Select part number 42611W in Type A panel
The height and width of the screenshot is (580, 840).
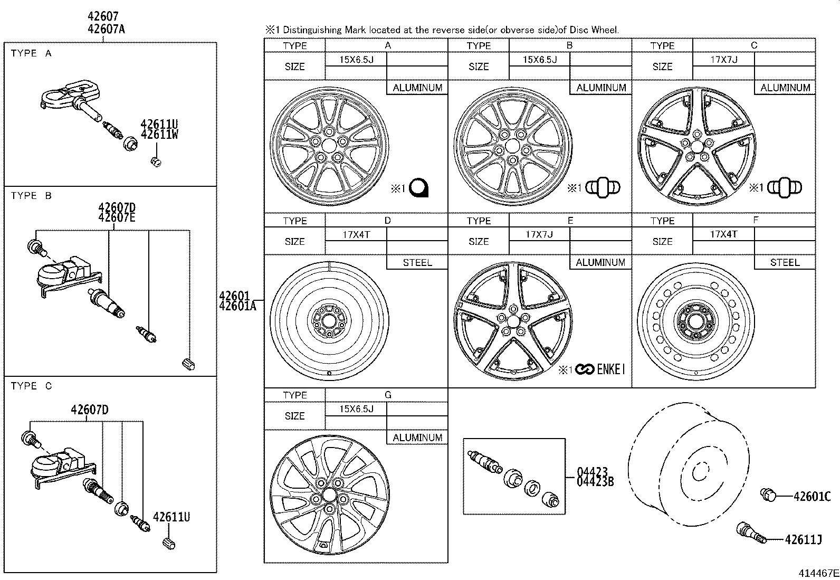pos(159,134)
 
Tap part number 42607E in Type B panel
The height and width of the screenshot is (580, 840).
pos(117,217)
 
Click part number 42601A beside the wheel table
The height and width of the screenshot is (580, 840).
pos(237,306)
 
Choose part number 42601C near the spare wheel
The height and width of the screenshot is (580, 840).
pos(812,496)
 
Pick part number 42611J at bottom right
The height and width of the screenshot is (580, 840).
pos(803,539)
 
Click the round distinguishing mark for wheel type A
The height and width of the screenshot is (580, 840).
pos(420,188)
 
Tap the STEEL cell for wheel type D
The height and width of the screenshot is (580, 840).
pos(417,262)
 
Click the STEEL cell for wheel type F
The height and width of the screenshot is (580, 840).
pos(785,262)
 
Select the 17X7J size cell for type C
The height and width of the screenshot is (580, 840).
pos(723,60)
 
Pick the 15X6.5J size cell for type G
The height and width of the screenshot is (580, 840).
pos(356,409)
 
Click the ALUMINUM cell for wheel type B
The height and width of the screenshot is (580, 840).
pos(601,88)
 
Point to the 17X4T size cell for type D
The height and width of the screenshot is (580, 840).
pos(356,234)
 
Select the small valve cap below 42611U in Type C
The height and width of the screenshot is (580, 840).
pos(169,543)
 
